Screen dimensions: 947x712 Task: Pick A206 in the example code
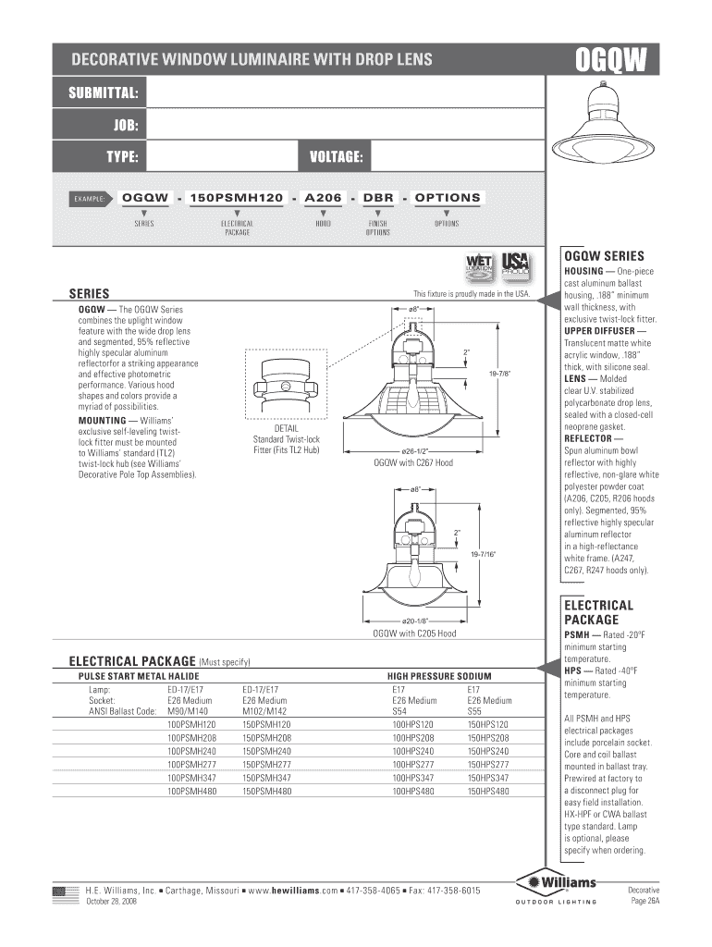(323, 198)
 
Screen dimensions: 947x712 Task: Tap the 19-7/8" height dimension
(499, 373)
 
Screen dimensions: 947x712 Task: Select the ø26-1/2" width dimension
(412, 451)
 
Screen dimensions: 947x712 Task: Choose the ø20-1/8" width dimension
(412, 621)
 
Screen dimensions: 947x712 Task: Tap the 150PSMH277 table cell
(266, 765)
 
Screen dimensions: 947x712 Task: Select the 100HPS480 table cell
(412, 792)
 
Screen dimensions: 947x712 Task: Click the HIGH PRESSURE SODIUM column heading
(439, 677)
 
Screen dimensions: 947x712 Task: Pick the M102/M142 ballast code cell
(265, 711)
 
